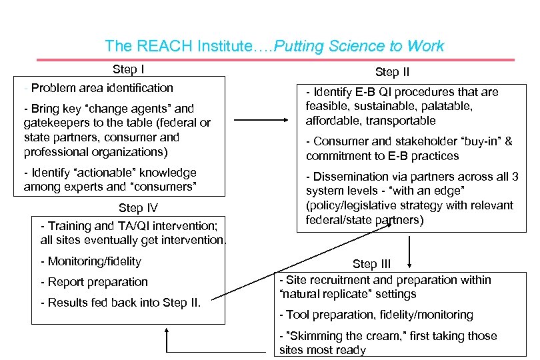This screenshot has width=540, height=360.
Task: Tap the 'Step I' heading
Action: (x=129, y=69)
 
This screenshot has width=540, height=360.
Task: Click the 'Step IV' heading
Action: (x=138, y=208)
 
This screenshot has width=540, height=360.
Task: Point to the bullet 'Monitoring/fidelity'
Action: (x=91, y=261)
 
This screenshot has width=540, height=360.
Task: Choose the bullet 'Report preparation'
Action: (x=94, y=282)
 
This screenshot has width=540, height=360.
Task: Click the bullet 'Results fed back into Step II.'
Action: (x=121, y=303)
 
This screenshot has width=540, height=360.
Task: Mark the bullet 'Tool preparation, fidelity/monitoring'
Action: (x=377, y=315)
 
